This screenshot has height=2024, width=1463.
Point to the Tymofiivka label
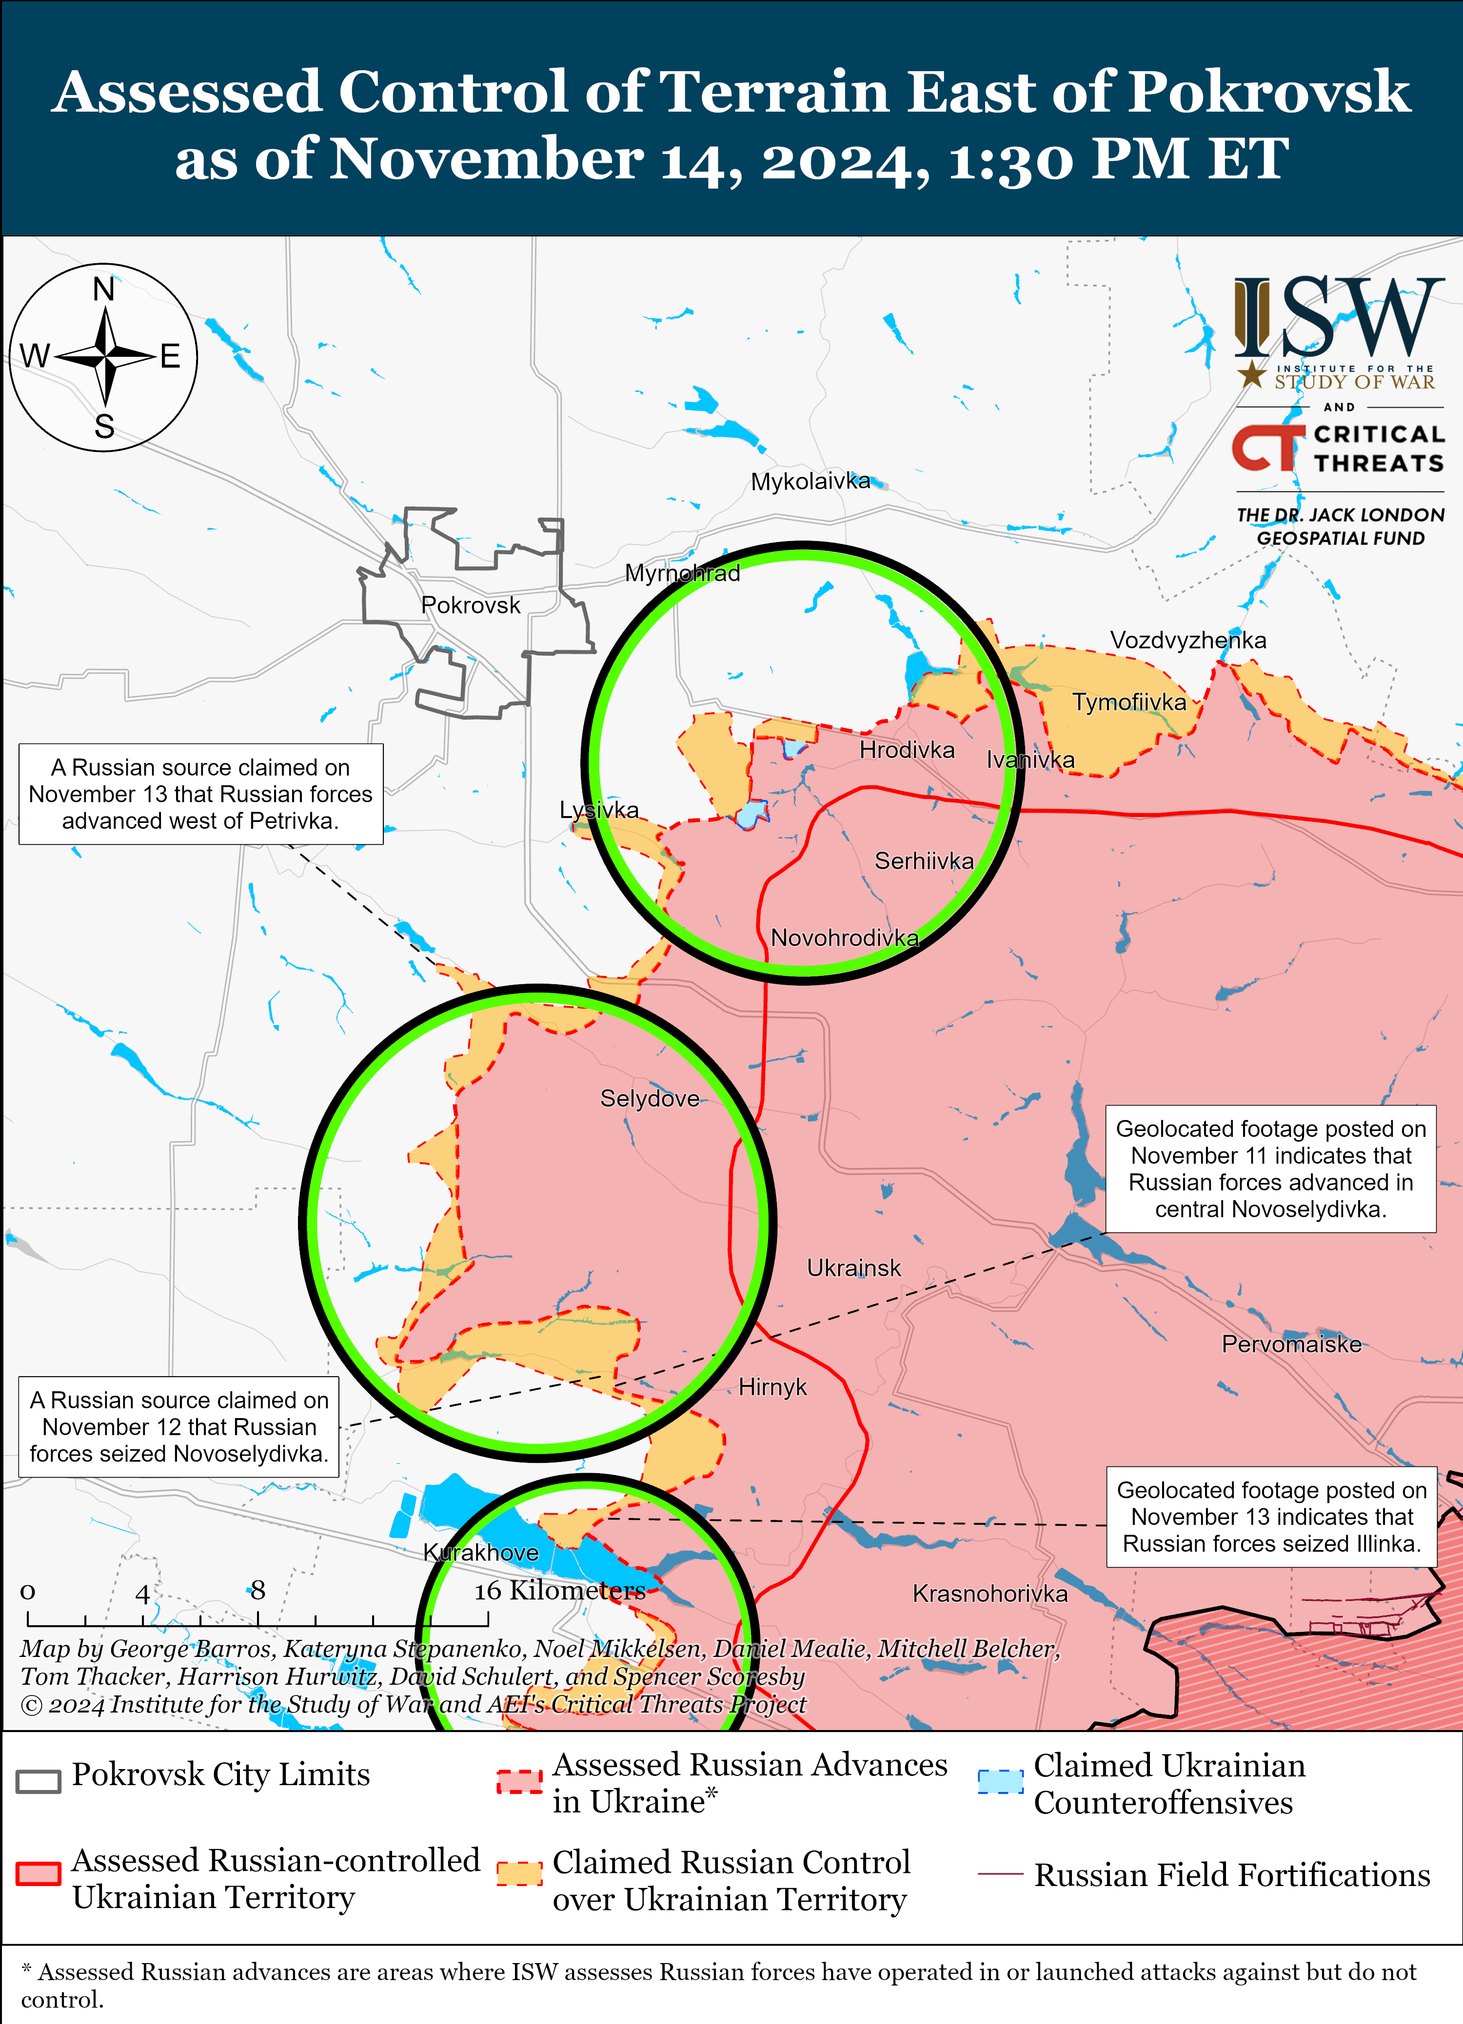tap(1129, 702)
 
